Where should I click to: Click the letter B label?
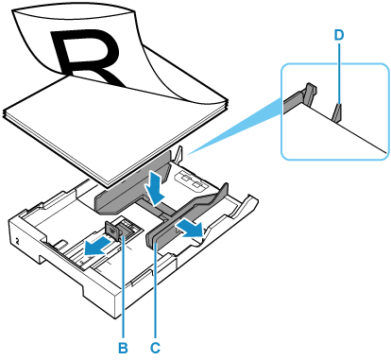(x=123, y=348)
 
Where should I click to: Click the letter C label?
(x=155, y=348)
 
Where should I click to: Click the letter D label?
(x=339, y=35)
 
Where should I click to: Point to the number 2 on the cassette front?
(x=17, y=242)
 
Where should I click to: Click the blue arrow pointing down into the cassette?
(x=154, y=187)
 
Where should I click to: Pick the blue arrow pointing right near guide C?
(x=190, y=229)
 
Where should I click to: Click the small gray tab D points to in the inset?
(x=338, y=112)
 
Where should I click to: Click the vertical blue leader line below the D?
(x=339, y=75)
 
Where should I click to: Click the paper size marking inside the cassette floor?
(x=188, y=180)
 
